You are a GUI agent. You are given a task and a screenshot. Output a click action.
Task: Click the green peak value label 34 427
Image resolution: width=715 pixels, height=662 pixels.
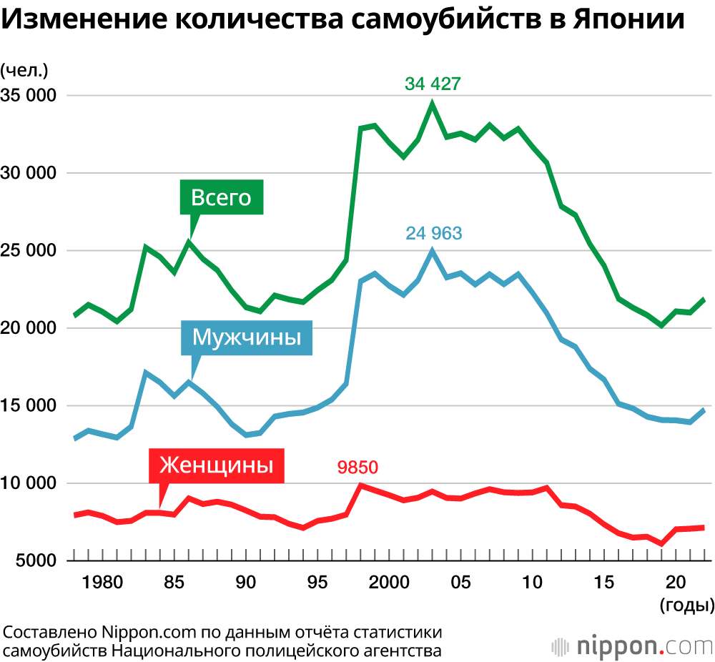coord(433,84)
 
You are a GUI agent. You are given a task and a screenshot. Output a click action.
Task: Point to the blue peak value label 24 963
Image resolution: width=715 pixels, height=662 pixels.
coord(434,233)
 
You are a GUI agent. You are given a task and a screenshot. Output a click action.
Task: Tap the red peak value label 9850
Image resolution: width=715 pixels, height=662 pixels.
coord(357,468)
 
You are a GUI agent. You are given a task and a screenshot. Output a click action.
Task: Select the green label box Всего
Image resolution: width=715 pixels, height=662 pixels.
coord(222,197)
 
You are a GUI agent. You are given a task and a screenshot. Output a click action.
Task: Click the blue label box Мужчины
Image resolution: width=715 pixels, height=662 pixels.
coord(247,336)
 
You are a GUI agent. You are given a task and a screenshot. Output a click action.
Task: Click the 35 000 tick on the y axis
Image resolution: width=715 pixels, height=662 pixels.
coord(29,95)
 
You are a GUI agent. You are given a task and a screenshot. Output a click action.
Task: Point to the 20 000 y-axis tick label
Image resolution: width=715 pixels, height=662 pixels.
coord(29,328)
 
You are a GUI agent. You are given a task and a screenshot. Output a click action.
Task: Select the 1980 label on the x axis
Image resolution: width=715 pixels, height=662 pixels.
coord(102,583)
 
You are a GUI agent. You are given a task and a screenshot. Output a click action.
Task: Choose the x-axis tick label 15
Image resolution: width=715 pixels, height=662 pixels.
coord(605,583)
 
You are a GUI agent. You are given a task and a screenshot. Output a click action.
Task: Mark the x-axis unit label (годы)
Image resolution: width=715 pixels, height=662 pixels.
coord(686,606)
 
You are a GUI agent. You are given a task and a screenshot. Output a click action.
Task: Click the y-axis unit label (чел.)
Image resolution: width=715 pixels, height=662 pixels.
coord(24,70)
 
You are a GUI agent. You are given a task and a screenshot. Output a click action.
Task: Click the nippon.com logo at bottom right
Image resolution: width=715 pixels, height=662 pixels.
coord(632,646)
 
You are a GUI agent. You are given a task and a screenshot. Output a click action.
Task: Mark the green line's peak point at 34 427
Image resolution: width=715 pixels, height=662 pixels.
coord(432,104)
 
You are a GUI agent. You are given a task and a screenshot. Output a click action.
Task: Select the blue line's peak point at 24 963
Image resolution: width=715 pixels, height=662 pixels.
coord(432,251)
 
